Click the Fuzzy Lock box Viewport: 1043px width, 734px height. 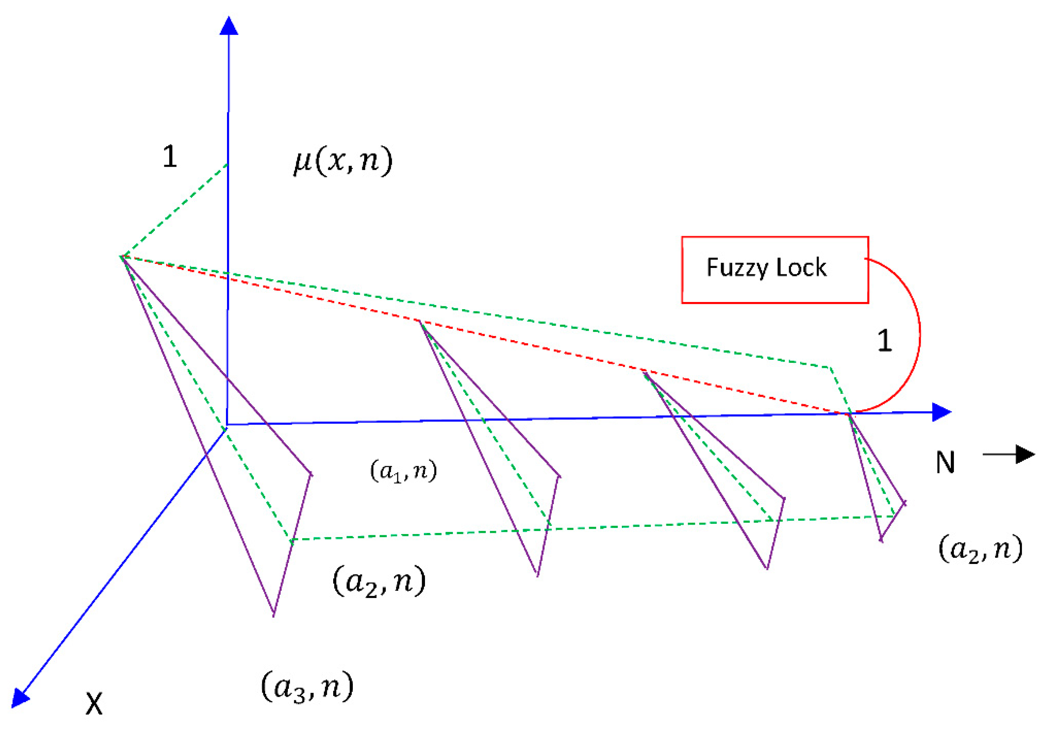pyautogui.click(x=775, y=270)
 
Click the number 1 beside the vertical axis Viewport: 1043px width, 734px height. pyautogui.click(x=170, y=157)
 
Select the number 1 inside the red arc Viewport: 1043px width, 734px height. pyautogui.click(x=884, y=341)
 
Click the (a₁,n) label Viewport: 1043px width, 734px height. pyautogui.click(x=403, y=471)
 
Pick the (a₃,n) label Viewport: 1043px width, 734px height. pyautogui.click(x=307, y=686)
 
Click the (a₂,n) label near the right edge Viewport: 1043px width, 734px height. pyautogui.click(x=980, y=549)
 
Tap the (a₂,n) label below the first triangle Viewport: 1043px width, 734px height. pyautogui.click(x=379, y=582)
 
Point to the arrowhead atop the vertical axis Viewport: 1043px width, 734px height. pyautogui.click(x=229, y=26)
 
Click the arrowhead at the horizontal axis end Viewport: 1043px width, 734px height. pyautogui.click(x=941, y=412)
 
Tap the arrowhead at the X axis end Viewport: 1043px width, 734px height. pyautogui.click(x=20, y=698)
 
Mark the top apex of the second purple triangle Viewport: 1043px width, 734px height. pyautogui.click(x=420, y=321)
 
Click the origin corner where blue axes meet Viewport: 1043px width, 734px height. pyautogui.click(x=227, y=424)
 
